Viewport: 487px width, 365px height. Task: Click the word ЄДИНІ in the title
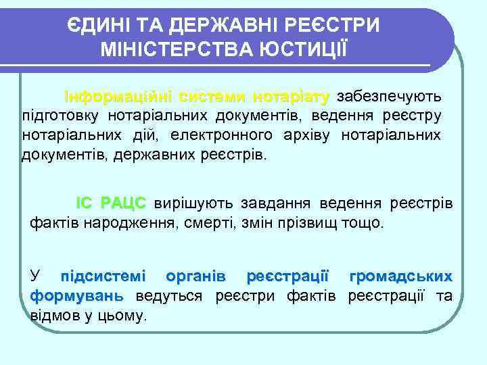point(95,26)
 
